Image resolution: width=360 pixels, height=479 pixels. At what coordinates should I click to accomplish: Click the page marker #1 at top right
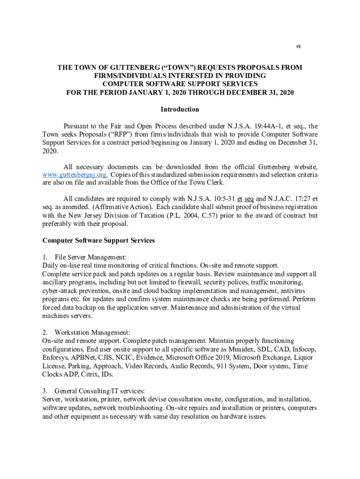tap(299, 47)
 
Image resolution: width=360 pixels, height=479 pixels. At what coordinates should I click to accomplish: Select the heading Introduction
tap(180, 109)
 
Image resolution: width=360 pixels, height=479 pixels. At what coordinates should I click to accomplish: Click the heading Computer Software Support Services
tap(99, 240)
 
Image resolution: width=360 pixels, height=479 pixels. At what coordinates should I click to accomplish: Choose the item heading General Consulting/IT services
tap(100, 391)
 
